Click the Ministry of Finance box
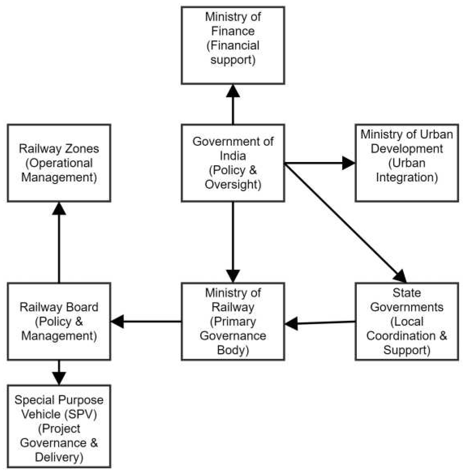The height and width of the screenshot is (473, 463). tap(233, 45)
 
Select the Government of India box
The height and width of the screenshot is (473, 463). tap(233, 163)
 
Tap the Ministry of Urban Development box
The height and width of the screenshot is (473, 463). tap(407, 163)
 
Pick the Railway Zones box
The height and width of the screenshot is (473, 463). tap(59, 163)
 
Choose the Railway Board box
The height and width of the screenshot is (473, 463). tap(59, 321)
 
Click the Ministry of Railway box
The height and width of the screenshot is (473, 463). tap(233, 321)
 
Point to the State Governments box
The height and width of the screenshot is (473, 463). tap(407, 321)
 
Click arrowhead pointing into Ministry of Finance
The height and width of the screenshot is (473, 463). tap(233, 91)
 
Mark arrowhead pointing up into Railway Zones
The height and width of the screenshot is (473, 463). tap(59, 209)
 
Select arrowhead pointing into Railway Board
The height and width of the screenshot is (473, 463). tap(118, 321)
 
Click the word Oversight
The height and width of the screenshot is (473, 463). tap(233, 185)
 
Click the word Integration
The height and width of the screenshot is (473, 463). tap(407, 178)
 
